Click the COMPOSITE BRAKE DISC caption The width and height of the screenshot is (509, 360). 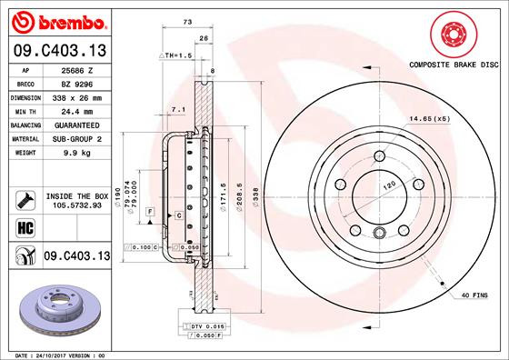[x=454, y=65]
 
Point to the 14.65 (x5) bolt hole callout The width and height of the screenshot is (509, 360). [x=430, y=119]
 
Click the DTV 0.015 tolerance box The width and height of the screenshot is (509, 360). [x=200, y=325]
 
